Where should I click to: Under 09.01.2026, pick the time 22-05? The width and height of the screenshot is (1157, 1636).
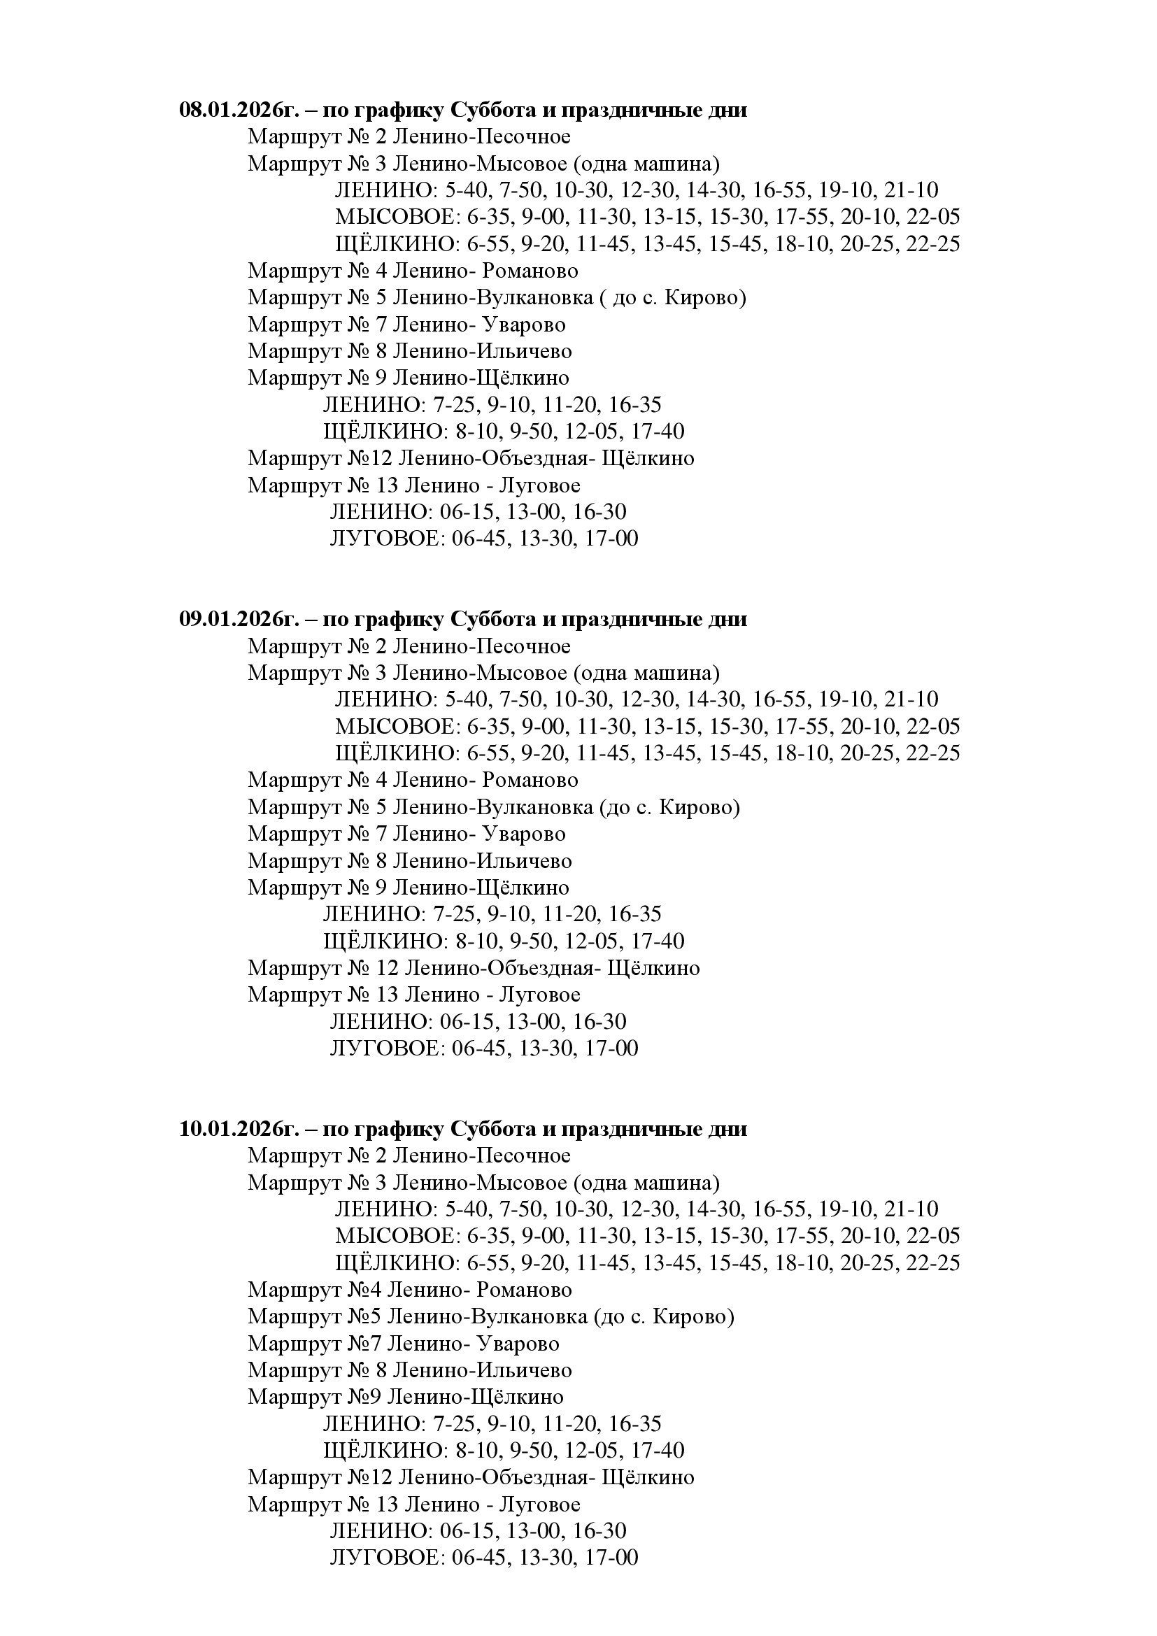tap(933, 727)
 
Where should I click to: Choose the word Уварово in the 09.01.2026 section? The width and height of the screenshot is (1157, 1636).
tap(524, 834)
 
